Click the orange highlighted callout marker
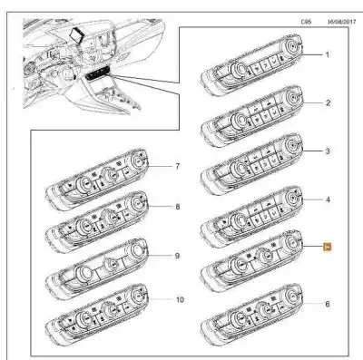click(x=329, y=246)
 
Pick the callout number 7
click(x=177, y=167)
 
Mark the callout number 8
click(x=177, y=208)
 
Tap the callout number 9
click(x=177, y=255)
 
